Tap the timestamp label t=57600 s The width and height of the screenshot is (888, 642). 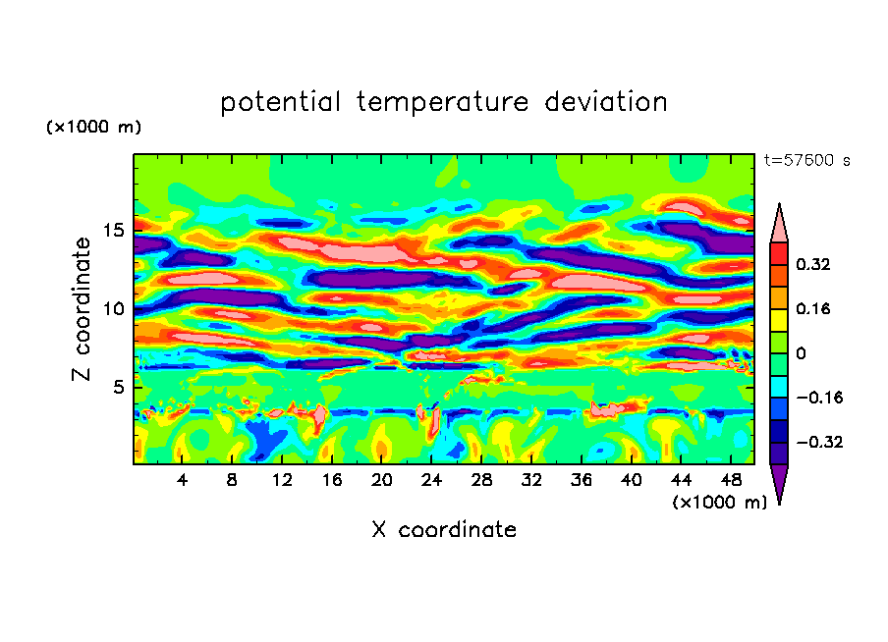[806, 159]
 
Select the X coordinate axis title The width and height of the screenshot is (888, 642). [444, 530]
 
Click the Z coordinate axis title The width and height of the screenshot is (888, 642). [83, 308]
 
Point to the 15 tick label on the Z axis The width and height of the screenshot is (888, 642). [115, 231]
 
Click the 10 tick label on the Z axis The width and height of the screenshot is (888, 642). [115, 308]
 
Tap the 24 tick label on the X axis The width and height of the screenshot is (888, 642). [431, 480]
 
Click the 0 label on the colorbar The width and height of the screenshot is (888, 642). [802, 353]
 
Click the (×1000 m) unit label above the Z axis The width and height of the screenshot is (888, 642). [94, 128]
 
